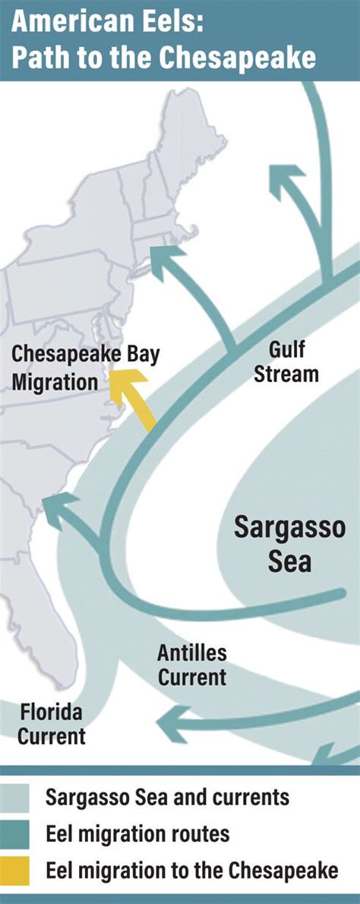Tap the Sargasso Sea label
[289, 543]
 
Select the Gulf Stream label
[292, 361]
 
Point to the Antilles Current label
[191, 665]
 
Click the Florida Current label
[51, 724]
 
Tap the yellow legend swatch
[15, 871]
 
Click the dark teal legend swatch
[15, 834]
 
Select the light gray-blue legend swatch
[15, 798]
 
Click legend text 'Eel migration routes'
[137, 834]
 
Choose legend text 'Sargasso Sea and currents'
[167, 798]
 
